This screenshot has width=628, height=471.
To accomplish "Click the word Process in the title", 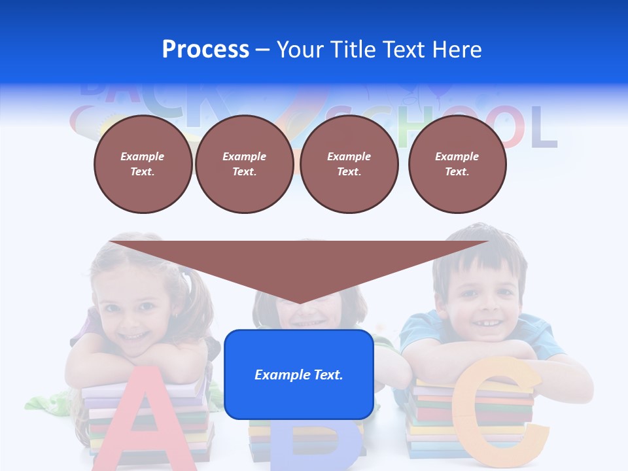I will click(x=205, y=50).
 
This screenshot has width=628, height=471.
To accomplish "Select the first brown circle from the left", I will click(x=143, y=164).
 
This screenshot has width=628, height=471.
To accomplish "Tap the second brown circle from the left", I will click(x=244, y=164).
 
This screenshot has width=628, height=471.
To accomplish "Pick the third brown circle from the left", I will click(x=349, y=164).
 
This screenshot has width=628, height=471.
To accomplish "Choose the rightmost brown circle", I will click(x=457, y=164).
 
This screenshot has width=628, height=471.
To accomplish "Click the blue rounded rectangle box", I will click(x=299, y=374).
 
